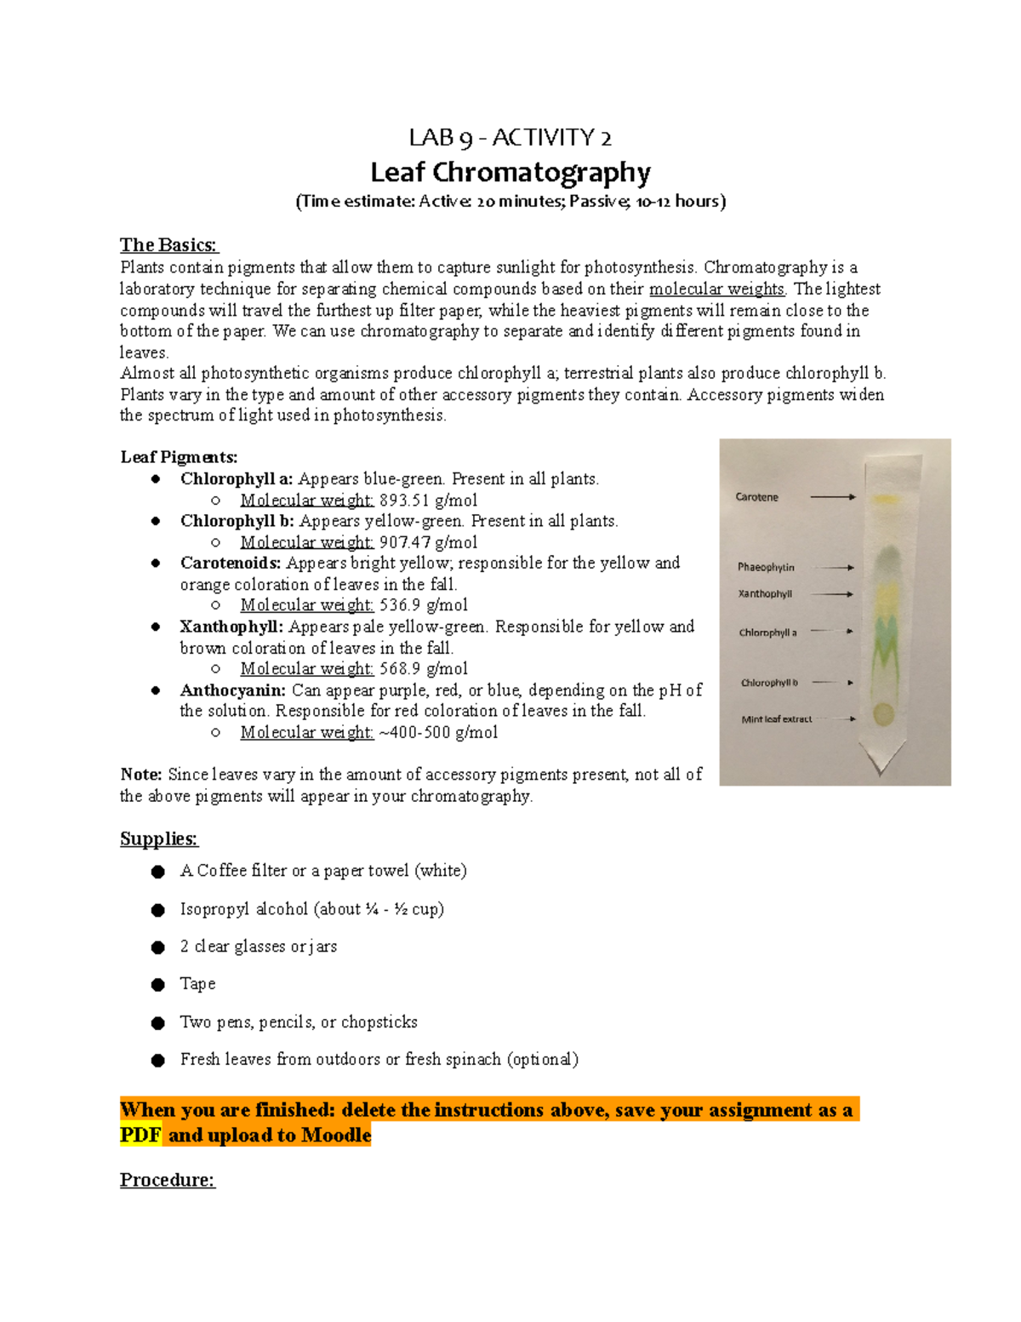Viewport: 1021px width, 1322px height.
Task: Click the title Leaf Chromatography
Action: click(x=510, y=173)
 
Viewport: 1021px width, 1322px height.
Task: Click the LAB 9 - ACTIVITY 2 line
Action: click(x=510, y=137)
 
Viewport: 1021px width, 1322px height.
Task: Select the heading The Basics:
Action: click(x=168, y=245)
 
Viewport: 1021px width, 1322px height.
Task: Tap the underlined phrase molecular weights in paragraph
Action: click(x=716, y=289)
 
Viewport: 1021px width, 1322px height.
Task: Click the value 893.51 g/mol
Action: click(x=428, y=501)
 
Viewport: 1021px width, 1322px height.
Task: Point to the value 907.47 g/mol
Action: click(x=428, y=542)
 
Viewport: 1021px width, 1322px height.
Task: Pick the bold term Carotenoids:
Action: click(x=231, y=563)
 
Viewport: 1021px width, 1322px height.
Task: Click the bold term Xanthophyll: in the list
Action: click(x=231, y=627)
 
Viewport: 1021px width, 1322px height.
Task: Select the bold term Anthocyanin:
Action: click(x=232, y=690)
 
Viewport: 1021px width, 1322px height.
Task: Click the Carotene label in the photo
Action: click(x=756, y=497)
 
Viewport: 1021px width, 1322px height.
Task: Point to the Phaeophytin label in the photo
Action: click(x=766, y=567)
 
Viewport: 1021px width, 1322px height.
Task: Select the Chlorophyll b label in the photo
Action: click(x=769, y=683)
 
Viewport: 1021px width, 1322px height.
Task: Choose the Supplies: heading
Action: click(x=158, y=839)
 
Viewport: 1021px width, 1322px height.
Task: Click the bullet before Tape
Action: click(x=157, y=985)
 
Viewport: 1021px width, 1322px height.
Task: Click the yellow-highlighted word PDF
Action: click(x=140, y=1136)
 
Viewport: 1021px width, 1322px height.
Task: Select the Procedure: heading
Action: click(x=167, y=1180)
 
